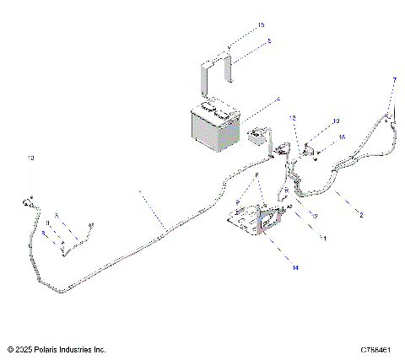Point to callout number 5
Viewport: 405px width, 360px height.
click(x=246, y=40)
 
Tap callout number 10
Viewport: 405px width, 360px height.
click(x=335, y=121)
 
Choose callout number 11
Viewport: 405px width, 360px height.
click(x=321, y=239)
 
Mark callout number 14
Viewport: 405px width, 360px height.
click(x=295, y=268)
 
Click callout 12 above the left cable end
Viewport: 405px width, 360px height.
click(x=31, y=158)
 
